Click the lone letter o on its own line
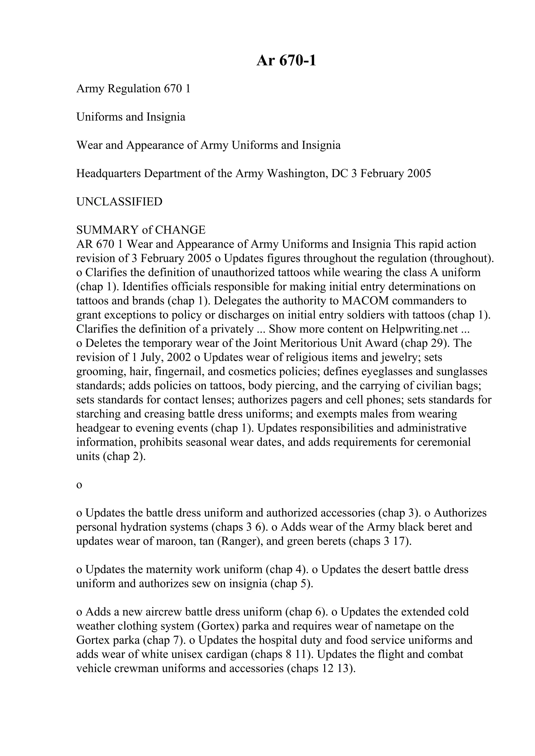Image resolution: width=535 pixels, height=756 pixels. pos(79,485)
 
